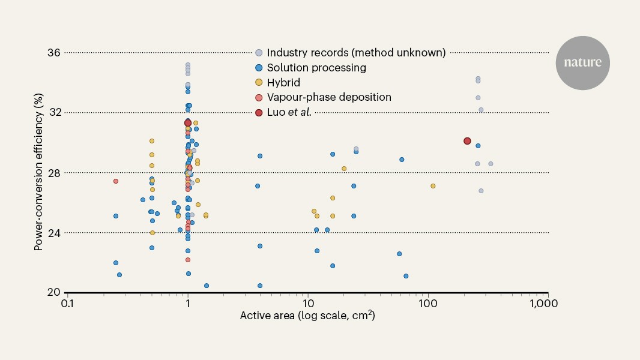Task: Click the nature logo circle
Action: point(582,63)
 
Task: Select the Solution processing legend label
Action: point(316,68)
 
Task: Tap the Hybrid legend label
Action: point(283,82)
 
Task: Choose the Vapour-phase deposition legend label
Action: point(329,97)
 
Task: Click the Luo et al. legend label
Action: point(289,112)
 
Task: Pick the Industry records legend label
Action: point(356,53)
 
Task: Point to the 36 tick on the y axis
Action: point(53,53)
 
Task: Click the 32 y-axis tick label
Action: point(55,112)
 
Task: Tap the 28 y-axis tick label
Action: point(53,173)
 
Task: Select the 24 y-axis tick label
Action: point(53,233)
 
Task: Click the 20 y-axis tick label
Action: point(53,292)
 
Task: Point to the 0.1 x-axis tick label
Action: point(67,304)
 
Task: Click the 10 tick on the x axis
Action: point(308,304)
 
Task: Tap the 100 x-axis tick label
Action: point(427,304)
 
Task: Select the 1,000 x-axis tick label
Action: point(544,304)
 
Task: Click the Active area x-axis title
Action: point(307,315)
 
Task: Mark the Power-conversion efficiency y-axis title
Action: point(38,172)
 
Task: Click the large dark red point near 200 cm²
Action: point(467,141)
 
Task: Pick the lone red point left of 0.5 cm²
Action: point(115,181)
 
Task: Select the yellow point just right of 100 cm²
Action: point(433,186)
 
